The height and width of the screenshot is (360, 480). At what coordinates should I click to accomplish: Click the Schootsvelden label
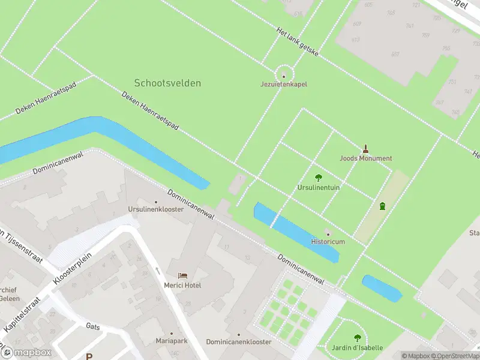pyautogui.click(x=167, y=83)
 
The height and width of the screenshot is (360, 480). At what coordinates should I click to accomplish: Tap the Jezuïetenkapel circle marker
pyautogui.click(x=284, y=76)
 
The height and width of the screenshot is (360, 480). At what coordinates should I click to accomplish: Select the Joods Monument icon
pyautogui.click(x=365, y=148)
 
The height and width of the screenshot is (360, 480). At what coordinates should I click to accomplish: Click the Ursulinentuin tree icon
pyautogui.click(x=319, y=178)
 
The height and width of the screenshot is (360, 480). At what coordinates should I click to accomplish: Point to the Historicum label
pyautogui.click(x=328, y=241)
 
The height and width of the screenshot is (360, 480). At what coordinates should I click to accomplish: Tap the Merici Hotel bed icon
pyautogui.click(x=182, y=275)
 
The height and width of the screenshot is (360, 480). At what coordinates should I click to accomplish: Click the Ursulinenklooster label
pyautogui.click(x=155, y=209)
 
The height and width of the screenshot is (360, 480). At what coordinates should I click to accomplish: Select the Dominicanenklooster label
pyautogui.click(x=238, y=341)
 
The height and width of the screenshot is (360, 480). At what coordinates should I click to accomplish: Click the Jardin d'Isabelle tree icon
pyautogui.click(x=358, y=338)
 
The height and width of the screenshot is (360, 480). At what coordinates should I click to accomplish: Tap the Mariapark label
pyautogui.click(x=171, y=341)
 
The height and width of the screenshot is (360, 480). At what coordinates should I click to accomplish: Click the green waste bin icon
pyautogui.click(x=382, y=206)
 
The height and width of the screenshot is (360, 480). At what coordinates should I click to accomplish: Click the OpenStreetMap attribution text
pyautogui.click(x=457, y=356)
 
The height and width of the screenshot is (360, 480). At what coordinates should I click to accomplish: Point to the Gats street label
pyautogui.click(x=93, y=326)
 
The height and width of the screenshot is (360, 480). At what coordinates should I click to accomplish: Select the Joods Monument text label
pyautogui.click(x=365, y=158)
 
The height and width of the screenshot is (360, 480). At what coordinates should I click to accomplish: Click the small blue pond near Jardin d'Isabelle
pyautogui.click(x=382, y=289)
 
